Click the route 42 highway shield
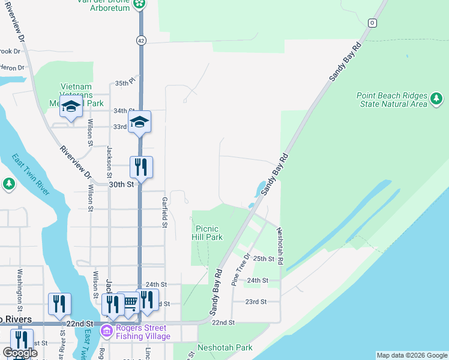point(140,40)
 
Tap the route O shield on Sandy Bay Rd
point(372,23)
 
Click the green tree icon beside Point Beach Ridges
point(437,98)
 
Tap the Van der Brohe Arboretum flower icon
point(139,4)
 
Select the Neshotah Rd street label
point(280,247)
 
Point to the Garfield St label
point(164,212)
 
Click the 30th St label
point(121,185)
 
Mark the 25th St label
point(264,259)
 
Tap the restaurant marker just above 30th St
point(141,167)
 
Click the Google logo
point(20,353)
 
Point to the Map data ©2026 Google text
point(412,355)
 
